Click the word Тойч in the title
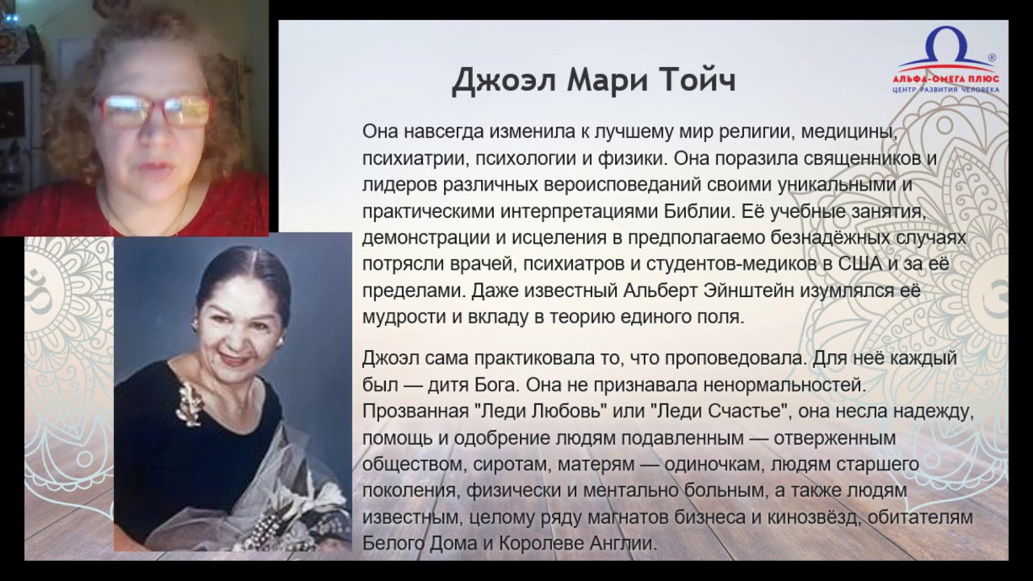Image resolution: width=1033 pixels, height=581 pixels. (x=696, y=80)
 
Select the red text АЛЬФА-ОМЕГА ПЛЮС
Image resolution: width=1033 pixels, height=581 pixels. (x=946, y=79)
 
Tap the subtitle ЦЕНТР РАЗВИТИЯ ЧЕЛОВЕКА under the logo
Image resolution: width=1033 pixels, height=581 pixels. (x=946, y=90)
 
